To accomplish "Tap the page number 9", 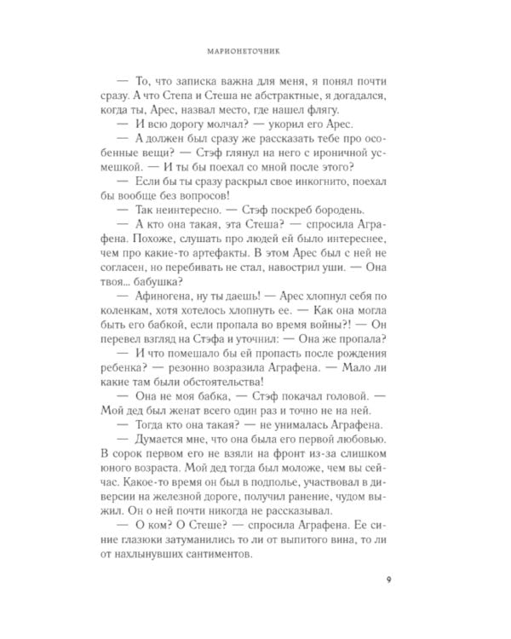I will (388, 581).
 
